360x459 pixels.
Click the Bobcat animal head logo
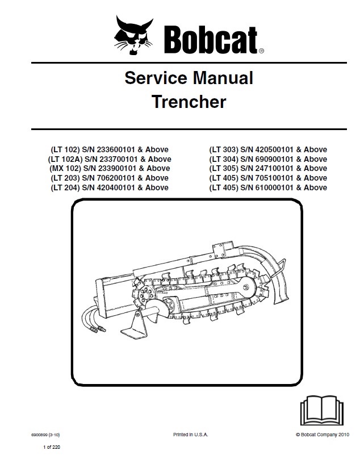tap(135, 34)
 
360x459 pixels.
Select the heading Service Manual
tap(189, 78)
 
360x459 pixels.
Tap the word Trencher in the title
tap(189, 102)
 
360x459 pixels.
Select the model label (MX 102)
tap(67, 169)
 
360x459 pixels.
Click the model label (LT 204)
tap(68, 187)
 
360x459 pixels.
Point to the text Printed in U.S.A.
tap(190, 434)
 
